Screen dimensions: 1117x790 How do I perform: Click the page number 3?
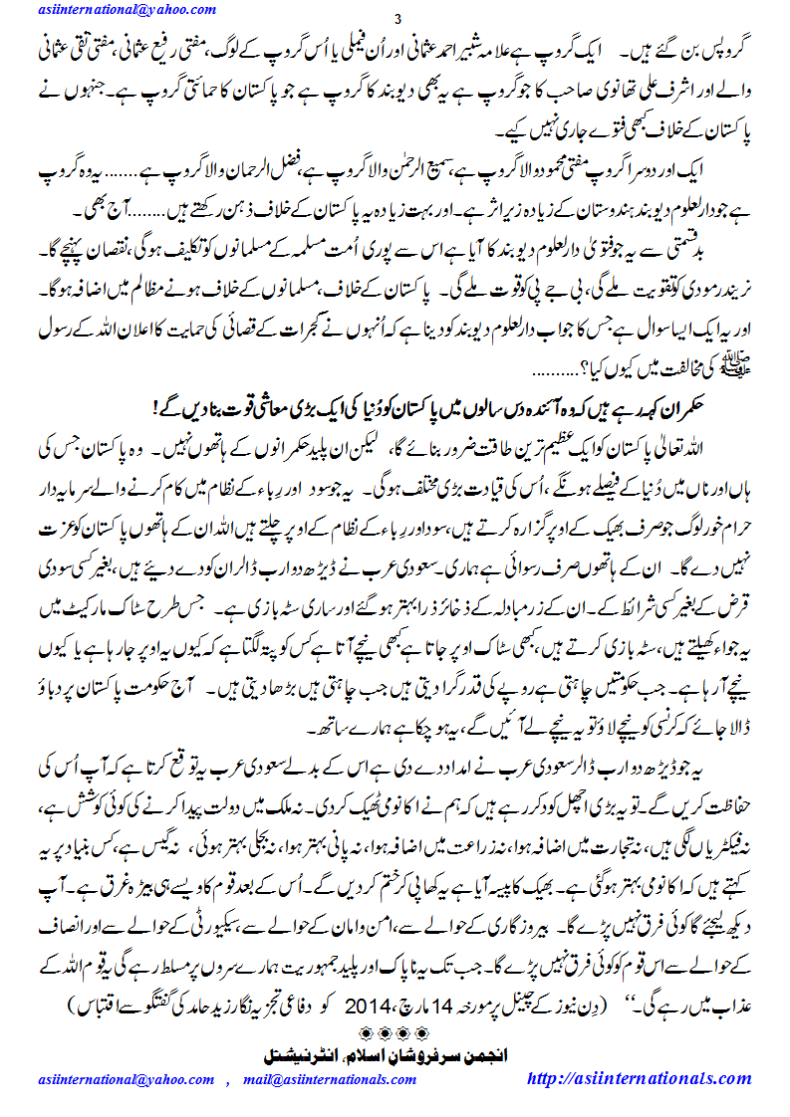(397, 20)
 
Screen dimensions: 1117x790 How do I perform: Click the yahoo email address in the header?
(128, 9)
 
